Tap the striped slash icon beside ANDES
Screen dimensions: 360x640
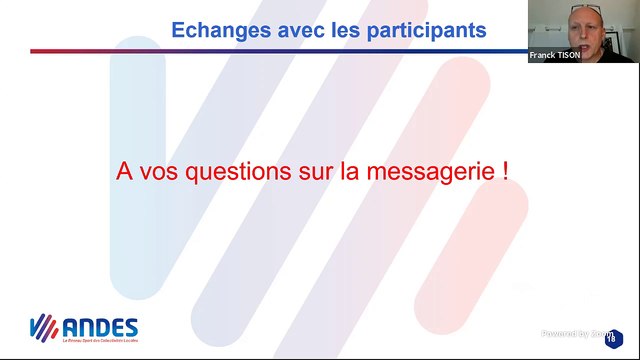[43, 328]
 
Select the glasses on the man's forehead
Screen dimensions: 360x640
[586, 11]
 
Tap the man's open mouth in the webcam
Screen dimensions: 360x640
[585, 39]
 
